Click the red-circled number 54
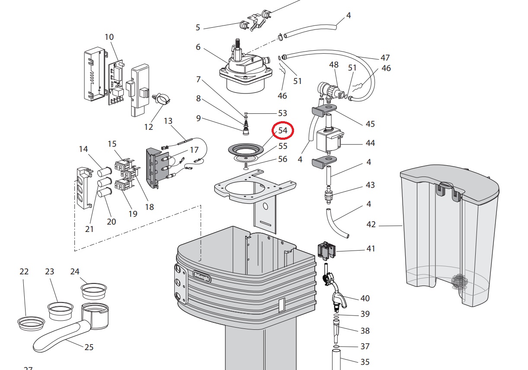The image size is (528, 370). tap(283, 131)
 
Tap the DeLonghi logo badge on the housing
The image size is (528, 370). tap(201, 276)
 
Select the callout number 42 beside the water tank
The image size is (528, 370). tap(371, 225)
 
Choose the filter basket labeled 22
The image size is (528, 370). tap(31, 322)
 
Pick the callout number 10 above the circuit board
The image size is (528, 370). tap(109, 37)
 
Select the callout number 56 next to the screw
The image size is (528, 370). tap(282, 159)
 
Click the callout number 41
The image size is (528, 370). tap(371, 249)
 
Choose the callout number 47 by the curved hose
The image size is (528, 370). tap(385, 58)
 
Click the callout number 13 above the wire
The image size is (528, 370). tap(168, 121)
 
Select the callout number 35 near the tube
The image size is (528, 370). tap(365, 362)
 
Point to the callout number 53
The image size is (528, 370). tap(282, 113)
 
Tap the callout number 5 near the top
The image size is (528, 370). tap(198, 28)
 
